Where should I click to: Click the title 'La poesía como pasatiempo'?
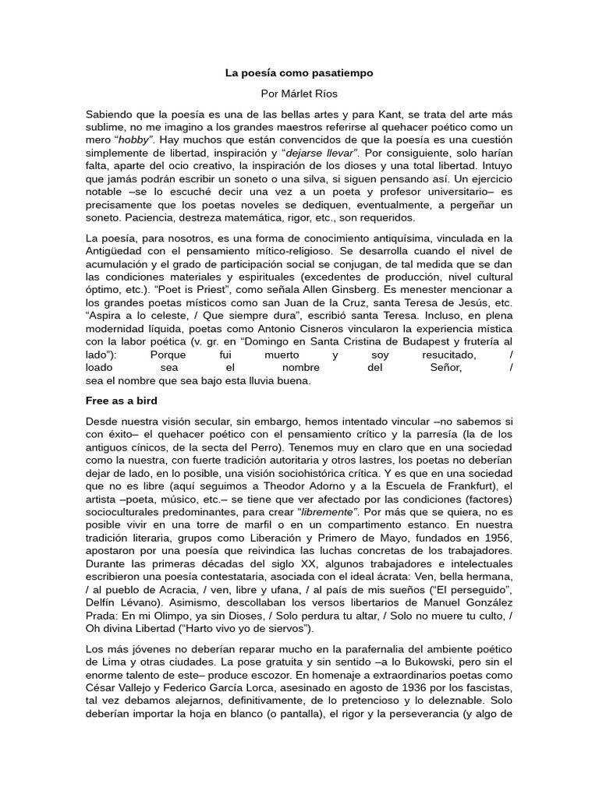point(299,73)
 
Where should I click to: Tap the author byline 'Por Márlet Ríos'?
point(299,94)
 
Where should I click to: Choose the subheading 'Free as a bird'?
point(122,401)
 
